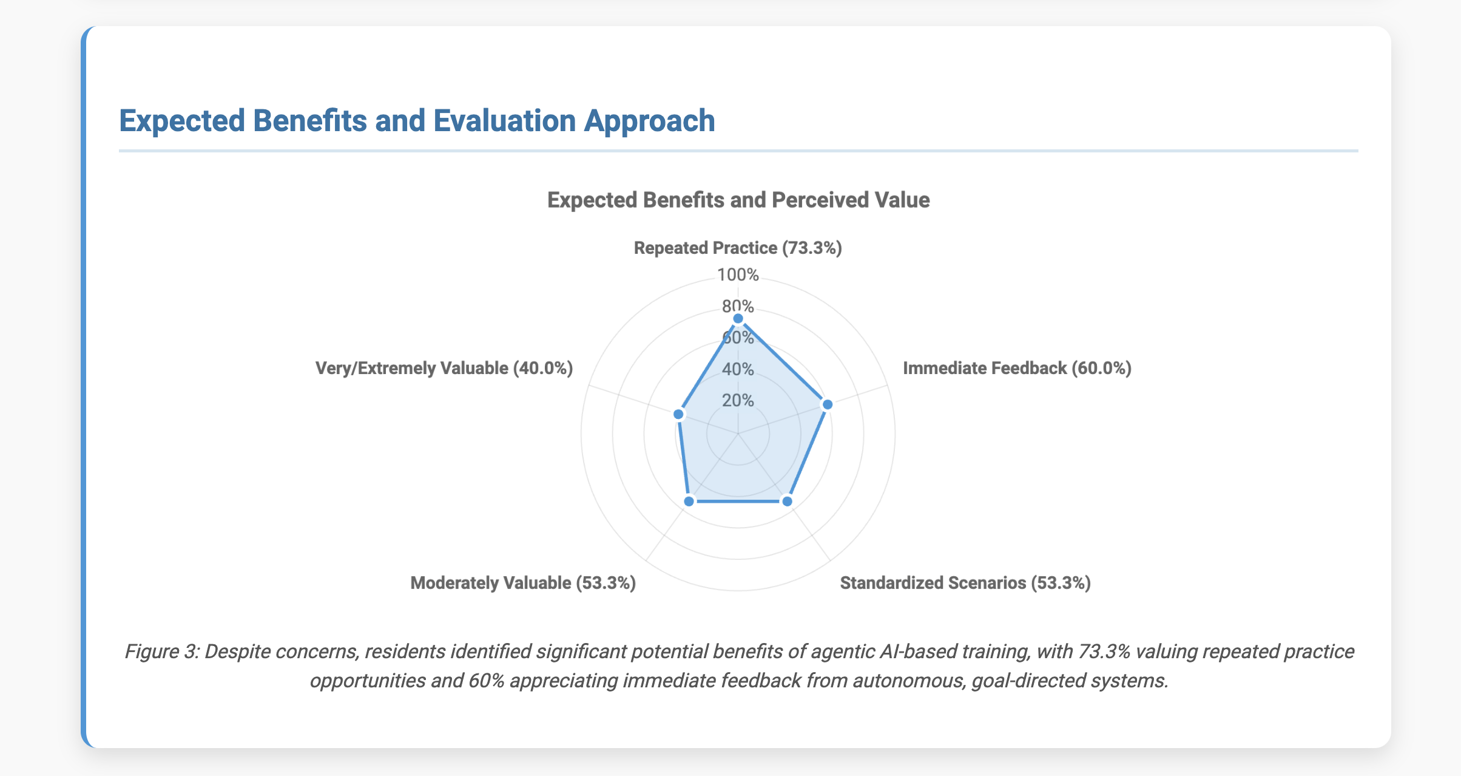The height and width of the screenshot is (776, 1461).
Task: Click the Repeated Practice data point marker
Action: click(738, 319)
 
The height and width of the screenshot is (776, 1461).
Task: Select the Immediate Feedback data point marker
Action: click(827, 404)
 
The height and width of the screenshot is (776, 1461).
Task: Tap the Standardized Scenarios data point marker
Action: click(787, 502)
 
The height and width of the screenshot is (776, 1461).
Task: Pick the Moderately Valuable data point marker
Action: click(689, 502)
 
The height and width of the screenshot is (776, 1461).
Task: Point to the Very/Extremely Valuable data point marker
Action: click(679, 415)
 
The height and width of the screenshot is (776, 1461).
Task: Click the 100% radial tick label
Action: click(738, 275)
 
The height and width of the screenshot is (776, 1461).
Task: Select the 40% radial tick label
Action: click(738, 369)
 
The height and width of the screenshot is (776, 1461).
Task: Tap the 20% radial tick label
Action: click(738, 401)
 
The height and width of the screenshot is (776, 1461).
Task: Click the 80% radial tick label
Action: click(738, 306)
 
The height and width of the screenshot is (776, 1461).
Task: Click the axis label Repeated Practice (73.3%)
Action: click(738, 248)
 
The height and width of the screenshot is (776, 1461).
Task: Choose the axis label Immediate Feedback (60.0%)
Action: click(1017, 369)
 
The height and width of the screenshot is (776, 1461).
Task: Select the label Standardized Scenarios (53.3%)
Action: click(965, 584)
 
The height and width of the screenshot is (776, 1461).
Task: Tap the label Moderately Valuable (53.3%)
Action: click(523, 584)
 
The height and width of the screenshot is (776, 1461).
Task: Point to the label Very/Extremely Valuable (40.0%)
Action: click(444, 369)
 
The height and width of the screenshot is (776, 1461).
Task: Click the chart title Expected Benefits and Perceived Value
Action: click(738, 200)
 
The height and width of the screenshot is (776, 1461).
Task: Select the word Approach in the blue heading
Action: click(649, 121)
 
